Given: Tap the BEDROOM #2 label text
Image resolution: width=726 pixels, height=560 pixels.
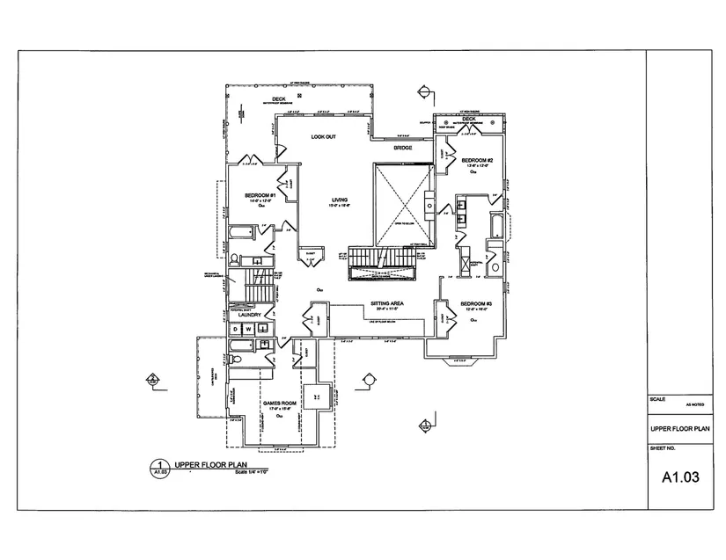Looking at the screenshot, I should [476, 160].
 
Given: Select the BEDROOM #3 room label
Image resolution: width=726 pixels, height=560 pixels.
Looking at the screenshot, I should [476, 304].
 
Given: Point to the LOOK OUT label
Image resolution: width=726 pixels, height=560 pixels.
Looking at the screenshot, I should [324, 138].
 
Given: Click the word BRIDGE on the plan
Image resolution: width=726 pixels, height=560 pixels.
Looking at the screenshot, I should [403, 148].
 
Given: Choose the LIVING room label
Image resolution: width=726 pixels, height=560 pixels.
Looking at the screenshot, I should [340, 200].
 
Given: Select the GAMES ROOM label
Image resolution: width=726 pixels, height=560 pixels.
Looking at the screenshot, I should [278, 404].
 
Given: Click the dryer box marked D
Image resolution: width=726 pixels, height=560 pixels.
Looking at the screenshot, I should [235, 329].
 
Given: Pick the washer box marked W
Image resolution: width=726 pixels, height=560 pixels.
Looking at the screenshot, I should [248, 329].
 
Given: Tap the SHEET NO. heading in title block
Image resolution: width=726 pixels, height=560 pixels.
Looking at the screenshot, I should [662, 447].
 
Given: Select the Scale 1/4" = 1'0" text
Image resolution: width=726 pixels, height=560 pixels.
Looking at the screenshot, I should [251, 473].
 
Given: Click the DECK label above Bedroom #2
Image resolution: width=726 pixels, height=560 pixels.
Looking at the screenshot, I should [469, 120].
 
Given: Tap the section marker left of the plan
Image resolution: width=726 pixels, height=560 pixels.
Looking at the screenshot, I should [152, 381].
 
